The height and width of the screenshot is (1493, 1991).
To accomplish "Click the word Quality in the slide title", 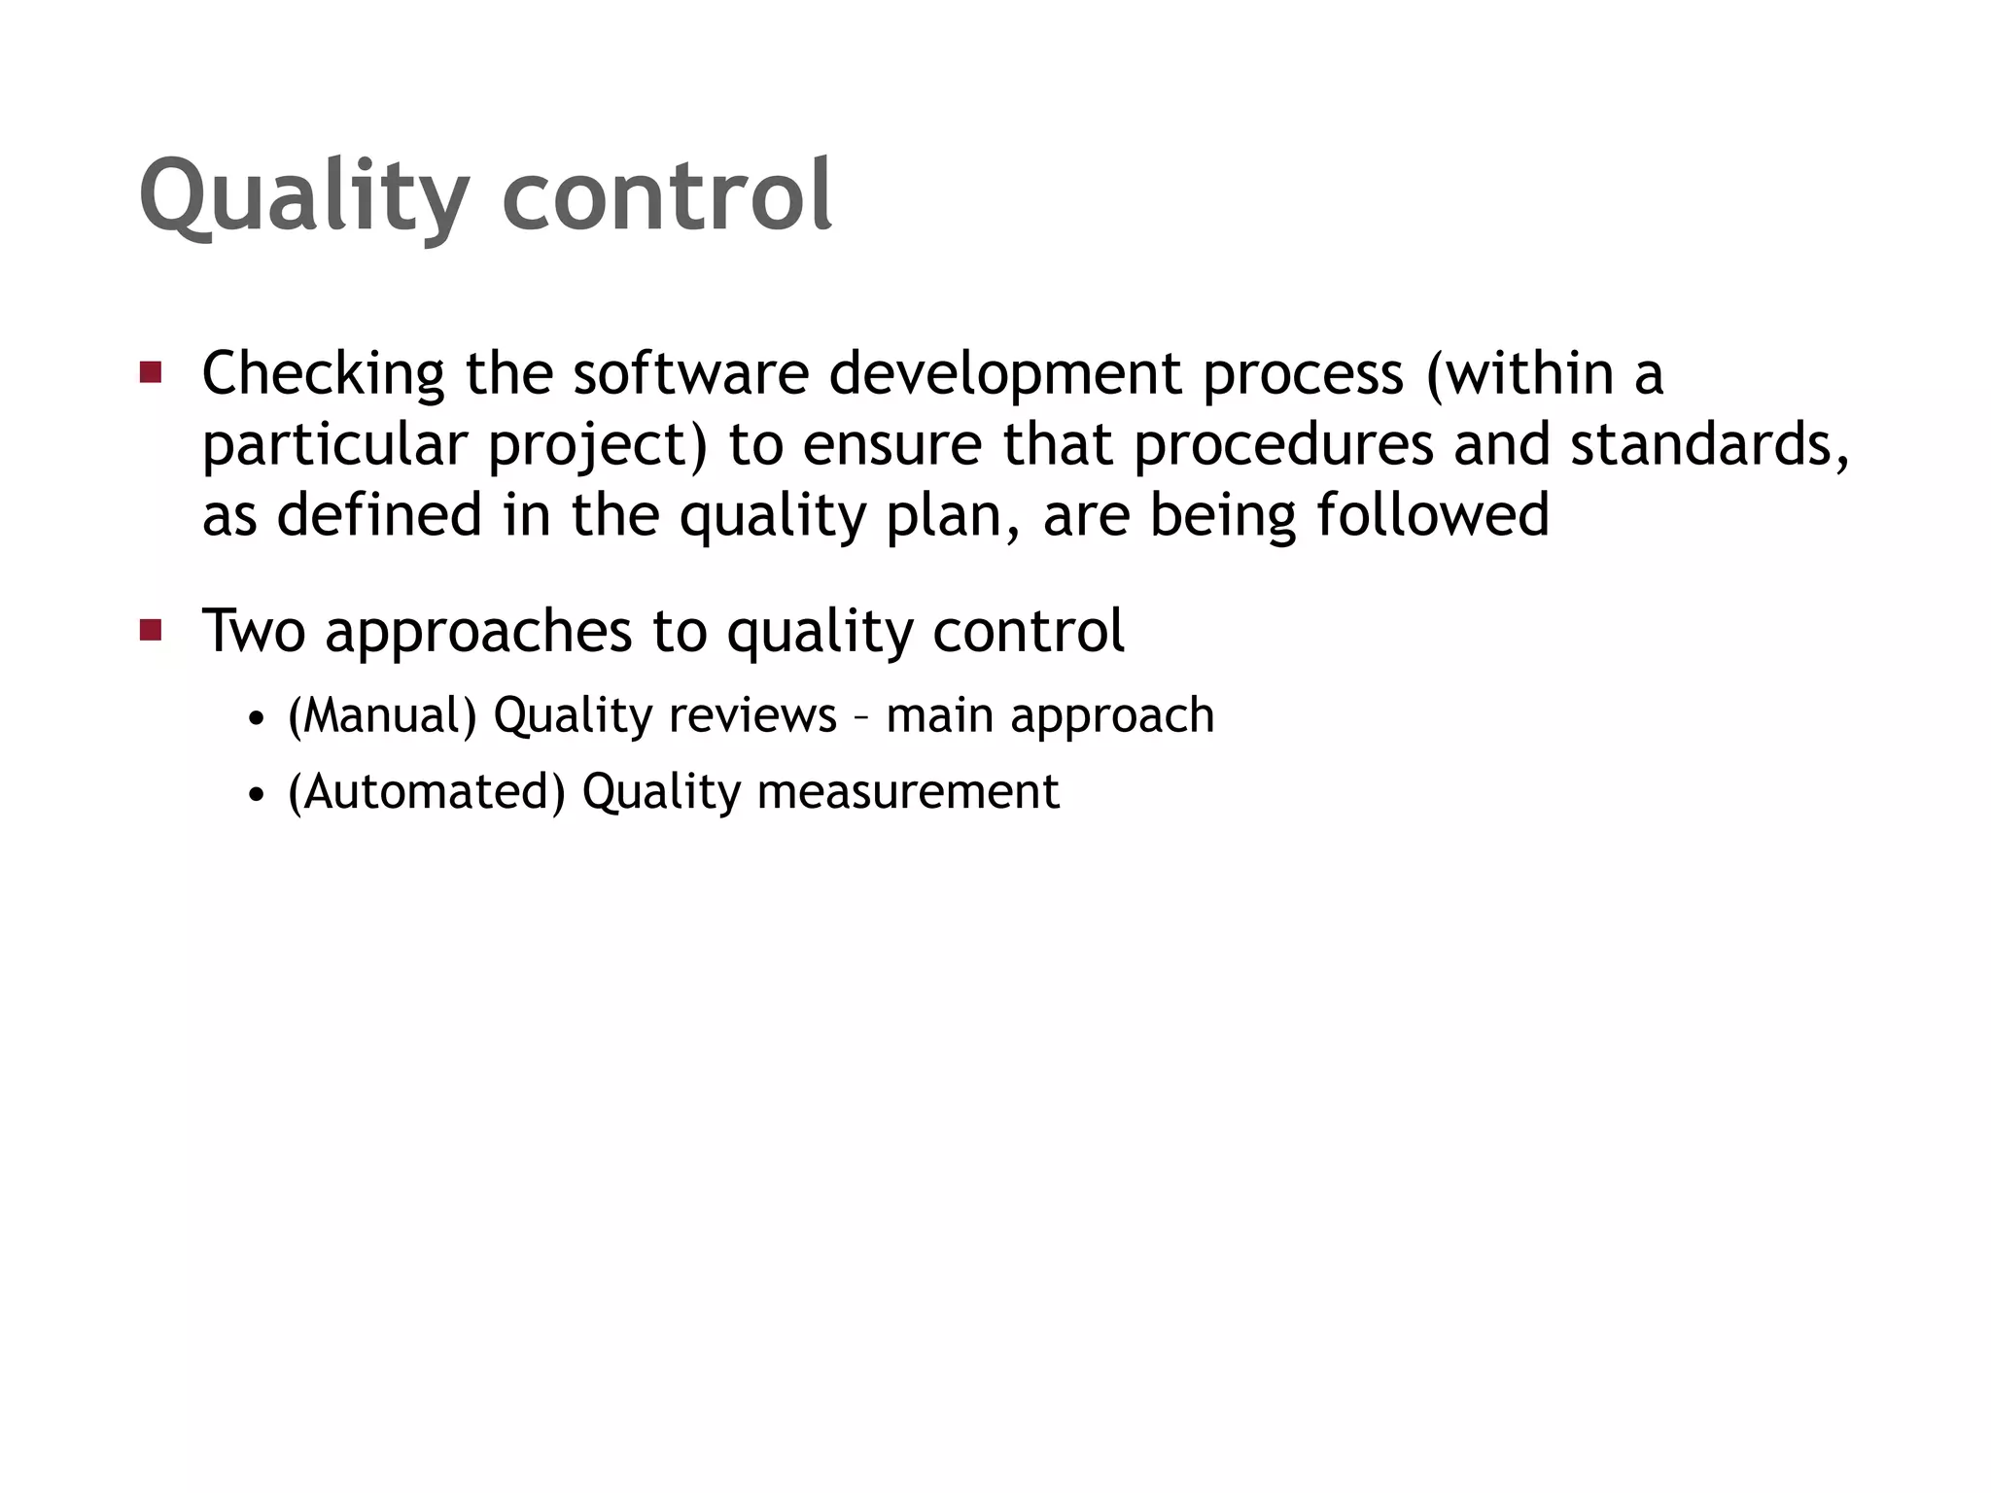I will click(303, 197).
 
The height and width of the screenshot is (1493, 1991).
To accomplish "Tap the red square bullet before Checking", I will click(150, 371).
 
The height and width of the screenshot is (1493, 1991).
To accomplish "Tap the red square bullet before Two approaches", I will click(150, 630).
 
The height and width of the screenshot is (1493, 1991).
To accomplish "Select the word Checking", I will click(323, 374).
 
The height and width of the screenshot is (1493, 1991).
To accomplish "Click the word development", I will click(1006, 374).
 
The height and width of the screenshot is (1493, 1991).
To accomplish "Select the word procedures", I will click(1283, 445).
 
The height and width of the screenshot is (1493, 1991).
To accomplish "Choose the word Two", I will click(254, 631).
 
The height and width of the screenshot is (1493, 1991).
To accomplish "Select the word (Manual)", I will click(382, 716).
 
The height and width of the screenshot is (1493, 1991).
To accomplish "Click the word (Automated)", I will click(426, 791).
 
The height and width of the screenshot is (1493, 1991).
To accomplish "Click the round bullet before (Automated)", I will click(256, 795).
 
